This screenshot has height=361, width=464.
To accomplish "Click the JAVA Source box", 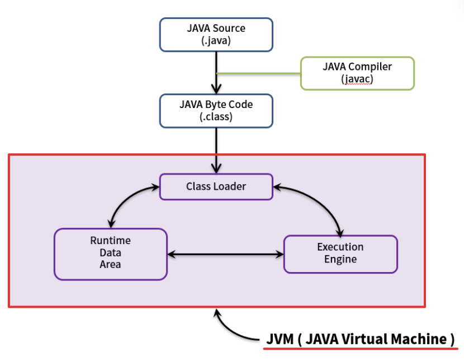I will (216, 34).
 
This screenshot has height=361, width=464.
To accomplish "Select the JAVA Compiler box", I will (357, 73).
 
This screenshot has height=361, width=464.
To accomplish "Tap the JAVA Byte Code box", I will (216, 110).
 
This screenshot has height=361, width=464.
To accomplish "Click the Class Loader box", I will (216, 186).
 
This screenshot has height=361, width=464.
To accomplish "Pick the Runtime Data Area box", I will (110, 254).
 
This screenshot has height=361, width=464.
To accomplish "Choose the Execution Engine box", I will (340, 254).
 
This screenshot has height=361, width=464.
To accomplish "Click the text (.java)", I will (216, 40).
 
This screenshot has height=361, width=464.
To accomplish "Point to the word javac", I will (357, 79).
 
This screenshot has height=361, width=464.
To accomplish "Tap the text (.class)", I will (216, 117).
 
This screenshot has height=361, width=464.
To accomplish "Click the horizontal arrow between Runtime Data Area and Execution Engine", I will (225, 254).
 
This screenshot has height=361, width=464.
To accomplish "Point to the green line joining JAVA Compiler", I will (257, 73).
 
